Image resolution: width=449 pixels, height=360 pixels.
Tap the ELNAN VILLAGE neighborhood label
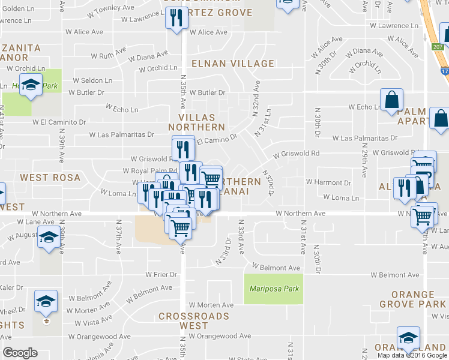[x=232, y=64]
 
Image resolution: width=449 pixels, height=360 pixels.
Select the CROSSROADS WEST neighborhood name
[x=194, y=320]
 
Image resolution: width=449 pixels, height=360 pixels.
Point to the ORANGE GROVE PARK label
[x=413, y=299]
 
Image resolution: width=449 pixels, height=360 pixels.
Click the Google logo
[x=20, y=353]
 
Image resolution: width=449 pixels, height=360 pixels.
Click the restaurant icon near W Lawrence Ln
[x=176, y=19]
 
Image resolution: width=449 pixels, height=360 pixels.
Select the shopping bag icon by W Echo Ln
[x=391, y=100]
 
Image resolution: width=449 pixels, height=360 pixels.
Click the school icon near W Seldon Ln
[x=31, y=85]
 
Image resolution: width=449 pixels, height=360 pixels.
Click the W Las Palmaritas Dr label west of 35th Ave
[x=122, y=135]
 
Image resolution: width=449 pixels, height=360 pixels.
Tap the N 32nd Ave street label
[x=256, y=97]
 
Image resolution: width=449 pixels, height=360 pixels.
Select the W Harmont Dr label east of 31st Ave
[x=328, y=182]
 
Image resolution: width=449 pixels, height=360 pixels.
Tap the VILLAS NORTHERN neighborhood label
[x=196, y=122]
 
